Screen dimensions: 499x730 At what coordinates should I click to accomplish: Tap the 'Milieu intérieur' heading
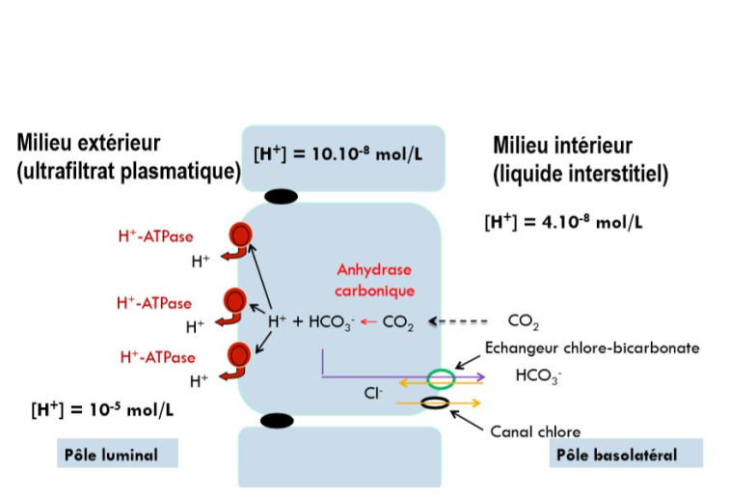tap(562, 146)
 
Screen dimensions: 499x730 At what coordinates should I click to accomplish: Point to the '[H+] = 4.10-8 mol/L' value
tap(563, 222)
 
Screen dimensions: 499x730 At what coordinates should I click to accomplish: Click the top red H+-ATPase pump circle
tap(239, 235)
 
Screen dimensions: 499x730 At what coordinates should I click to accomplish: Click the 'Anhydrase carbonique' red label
tap(374, 280)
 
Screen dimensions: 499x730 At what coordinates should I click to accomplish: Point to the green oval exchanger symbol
tap(441, 376)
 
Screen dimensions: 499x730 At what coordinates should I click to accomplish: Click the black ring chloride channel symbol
tap(435, 402)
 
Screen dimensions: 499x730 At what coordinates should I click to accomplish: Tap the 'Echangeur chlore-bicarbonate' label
tap(591, 347)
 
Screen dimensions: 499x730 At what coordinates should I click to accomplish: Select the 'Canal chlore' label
tap(535, 431)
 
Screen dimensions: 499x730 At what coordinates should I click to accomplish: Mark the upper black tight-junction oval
tap(280, 197)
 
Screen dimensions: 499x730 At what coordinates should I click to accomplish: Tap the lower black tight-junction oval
tap(277, 421)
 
